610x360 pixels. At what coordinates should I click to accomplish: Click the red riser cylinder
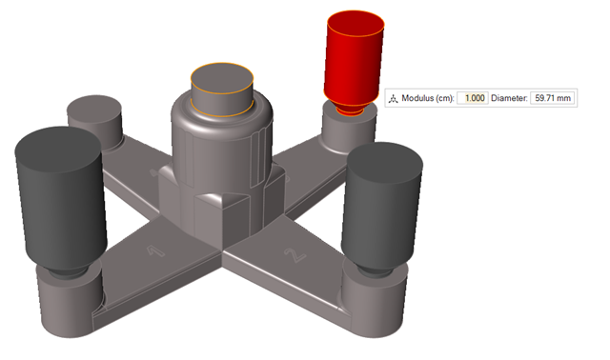coord(355,62)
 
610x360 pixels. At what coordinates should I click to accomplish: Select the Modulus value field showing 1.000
coord(473,98)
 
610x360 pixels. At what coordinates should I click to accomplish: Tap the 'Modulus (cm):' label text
coord(427,98)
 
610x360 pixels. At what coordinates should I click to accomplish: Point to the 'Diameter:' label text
coord(508,98)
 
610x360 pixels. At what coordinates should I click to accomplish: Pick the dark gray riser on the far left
coord(59,200)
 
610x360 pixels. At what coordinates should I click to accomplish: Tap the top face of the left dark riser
coord(59,142)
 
